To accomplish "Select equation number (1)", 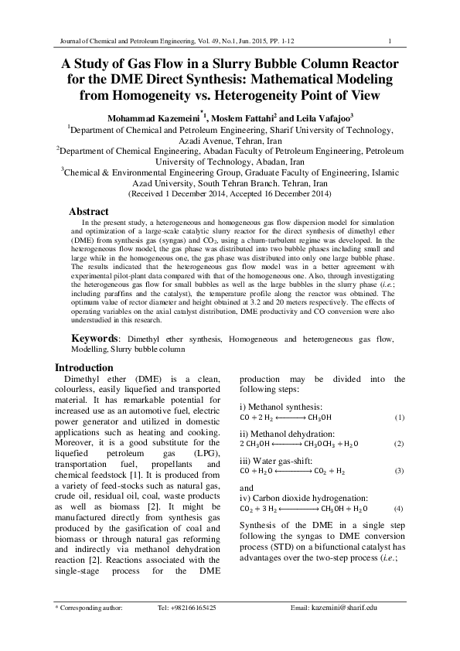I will point(400,418).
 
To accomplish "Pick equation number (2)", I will point(400,444).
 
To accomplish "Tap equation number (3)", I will point(400,470).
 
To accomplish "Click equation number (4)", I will point(400,510).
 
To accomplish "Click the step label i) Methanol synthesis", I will point(281,406).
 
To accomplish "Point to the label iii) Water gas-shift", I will point(278,458).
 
